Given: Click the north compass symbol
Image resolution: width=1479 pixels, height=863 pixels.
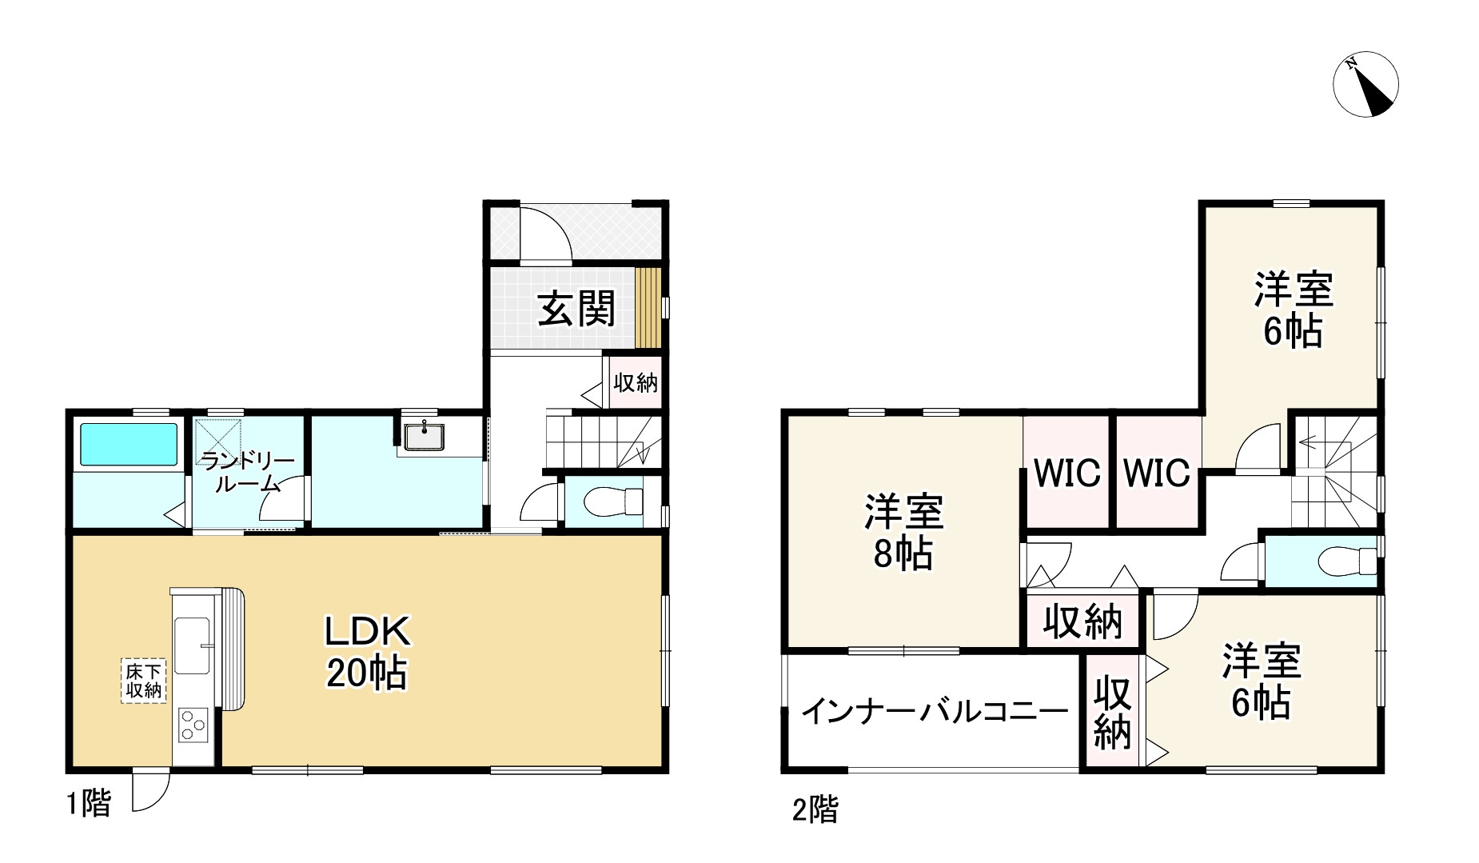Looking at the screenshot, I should [x=1365, y=85].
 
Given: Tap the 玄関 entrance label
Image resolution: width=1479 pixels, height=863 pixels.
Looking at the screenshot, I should [x=576, y=309].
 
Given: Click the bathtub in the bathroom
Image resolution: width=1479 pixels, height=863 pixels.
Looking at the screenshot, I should [x=127, y=443].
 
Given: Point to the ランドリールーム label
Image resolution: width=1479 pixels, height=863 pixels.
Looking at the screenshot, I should [x=247, y=472].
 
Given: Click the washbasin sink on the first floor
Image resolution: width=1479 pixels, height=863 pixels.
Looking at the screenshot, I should [x=425, y=437].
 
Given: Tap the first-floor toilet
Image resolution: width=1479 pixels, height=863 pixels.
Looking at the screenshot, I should [x=613, y=501].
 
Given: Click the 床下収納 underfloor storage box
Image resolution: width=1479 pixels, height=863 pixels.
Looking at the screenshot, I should [x=144, y=681].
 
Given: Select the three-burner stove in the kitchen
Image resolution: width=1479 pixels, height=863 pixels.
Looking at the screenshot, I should [x=193, y=725].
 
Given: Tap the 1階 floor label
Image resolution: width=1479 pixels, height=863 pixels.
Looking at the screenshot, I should [x=88, y=803].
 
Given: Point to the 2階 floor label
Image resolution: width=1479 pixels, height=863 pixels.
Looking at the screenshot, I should [x=815, y=810].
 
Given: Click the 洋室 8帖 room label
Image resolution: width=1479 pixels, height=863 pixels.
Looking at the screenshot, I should [x=903, y=532].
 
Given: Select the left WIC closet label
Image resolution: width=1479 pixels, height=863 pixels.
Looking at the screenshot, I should [x=1066, y=473].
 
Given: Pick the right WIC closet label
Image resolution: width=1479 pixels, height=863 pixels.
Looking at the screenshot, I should [x=1157, y=473].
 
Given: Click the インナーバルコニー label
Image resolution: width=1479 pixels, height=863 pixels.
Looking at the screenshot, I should [x=935, y=710].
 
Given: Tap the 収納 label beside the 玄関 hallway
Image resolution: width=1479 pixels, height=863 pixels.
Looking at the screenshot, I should [x=636, y=383].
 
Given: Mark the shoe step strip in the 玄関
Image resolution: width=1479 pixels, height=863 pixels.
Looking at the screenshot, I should [x=649, y=308].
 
